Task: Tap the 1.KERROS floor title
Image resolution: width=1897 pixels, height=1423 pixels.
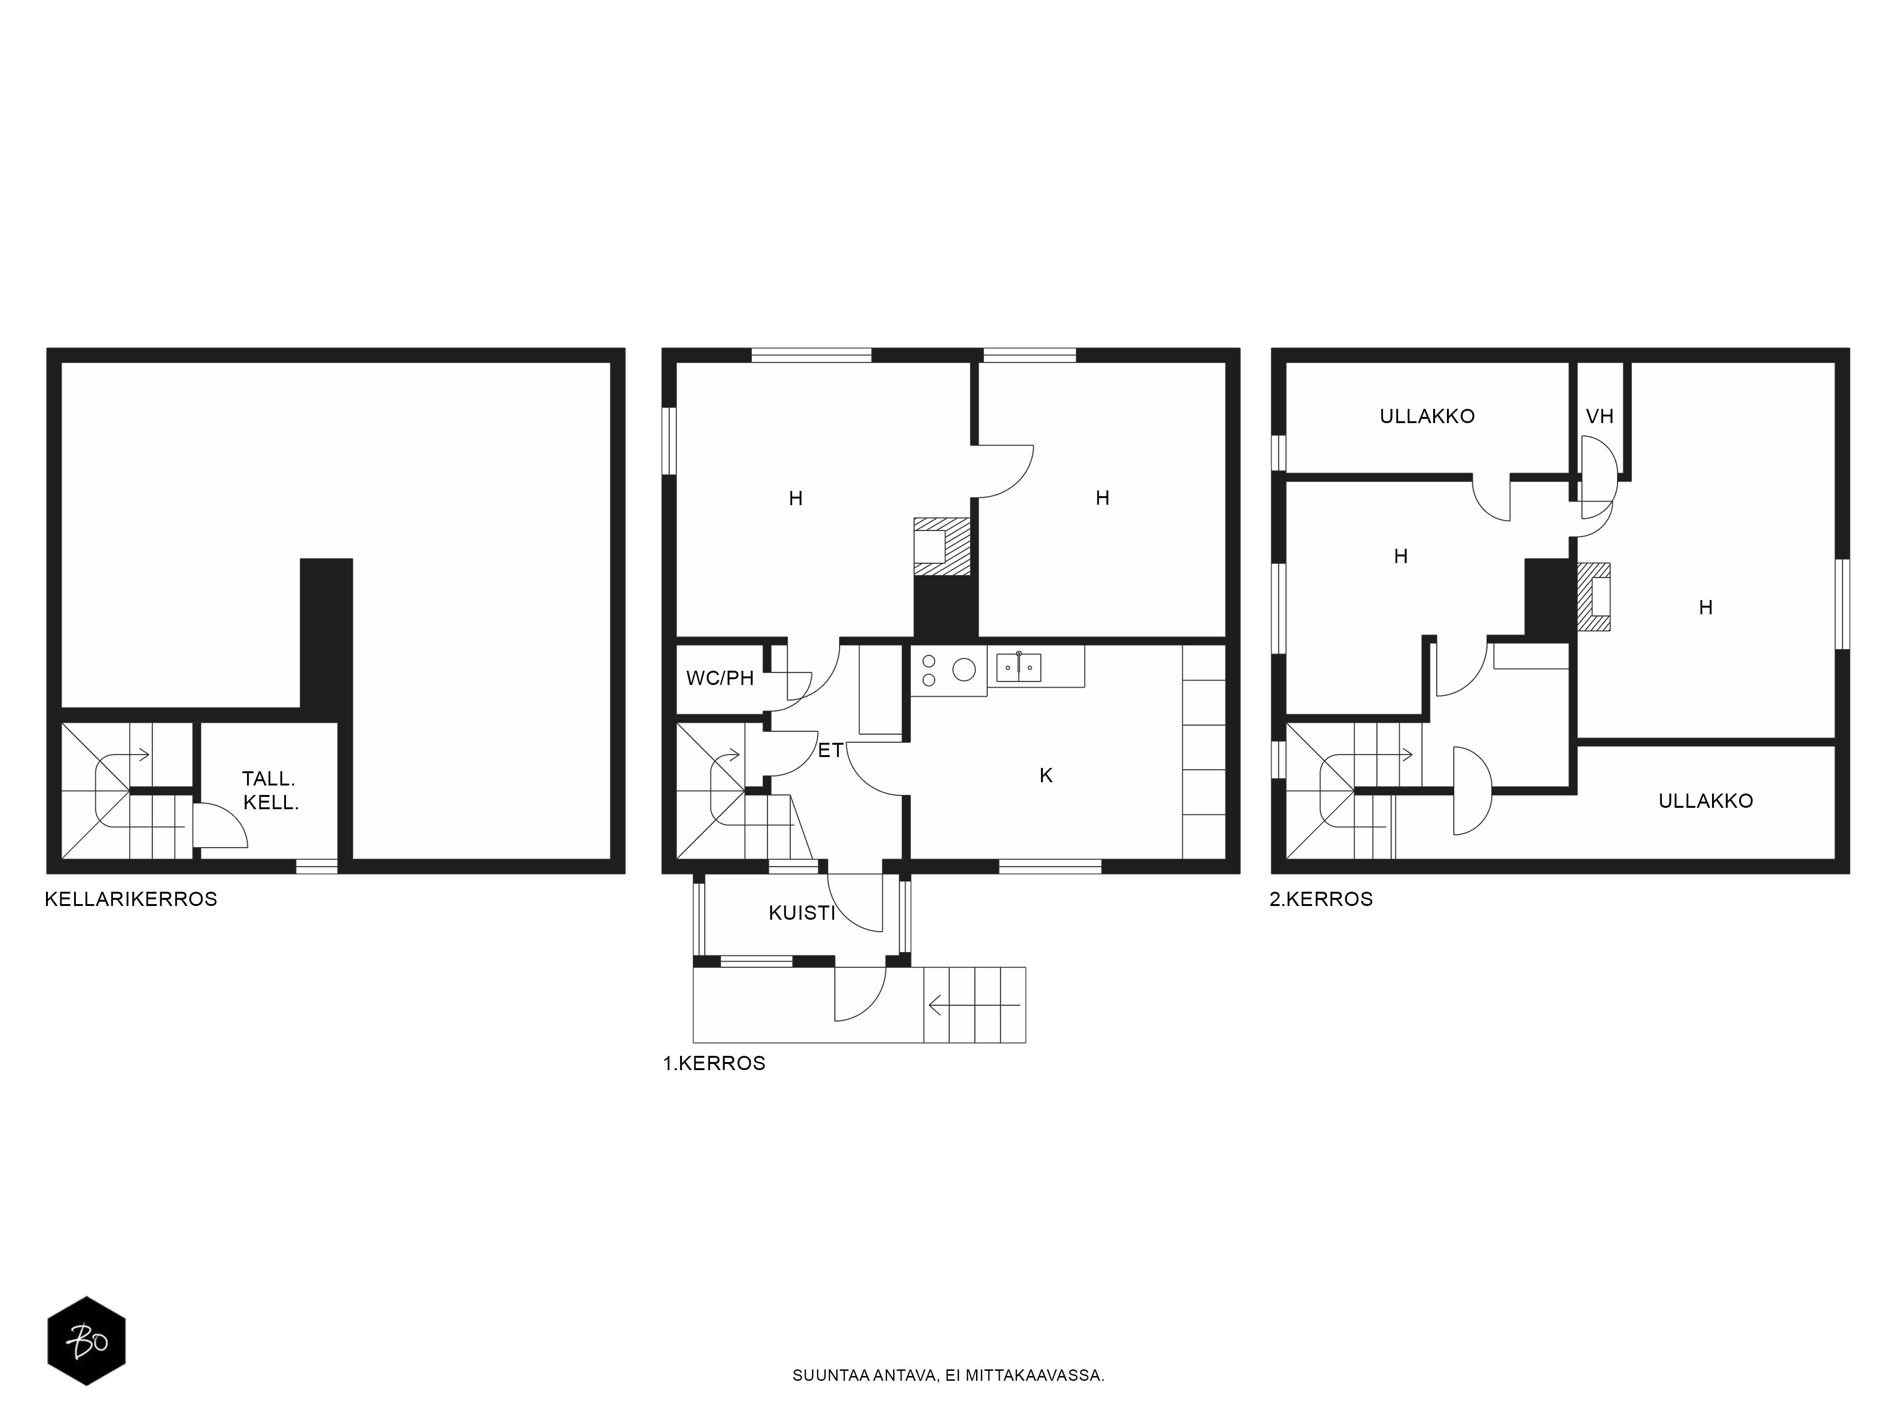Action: (714, 1063)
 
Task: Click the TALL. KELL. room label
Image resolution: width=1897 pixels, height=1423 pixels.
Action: (270, 791)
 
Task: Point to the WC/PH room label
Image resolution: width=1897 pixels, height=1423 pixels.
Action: (719, 678)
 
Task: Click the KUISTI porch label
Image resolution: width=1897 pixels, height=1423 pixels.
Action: (802, 913)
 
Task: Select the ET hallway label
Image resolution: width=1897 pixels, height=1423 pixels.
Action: (830, 750)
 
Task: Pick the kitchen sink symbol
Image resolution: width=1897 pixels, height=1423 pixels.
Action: (1019, 666)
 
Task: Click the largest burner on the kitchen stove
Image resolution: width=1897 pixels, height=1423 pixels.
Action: (964, 669)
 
